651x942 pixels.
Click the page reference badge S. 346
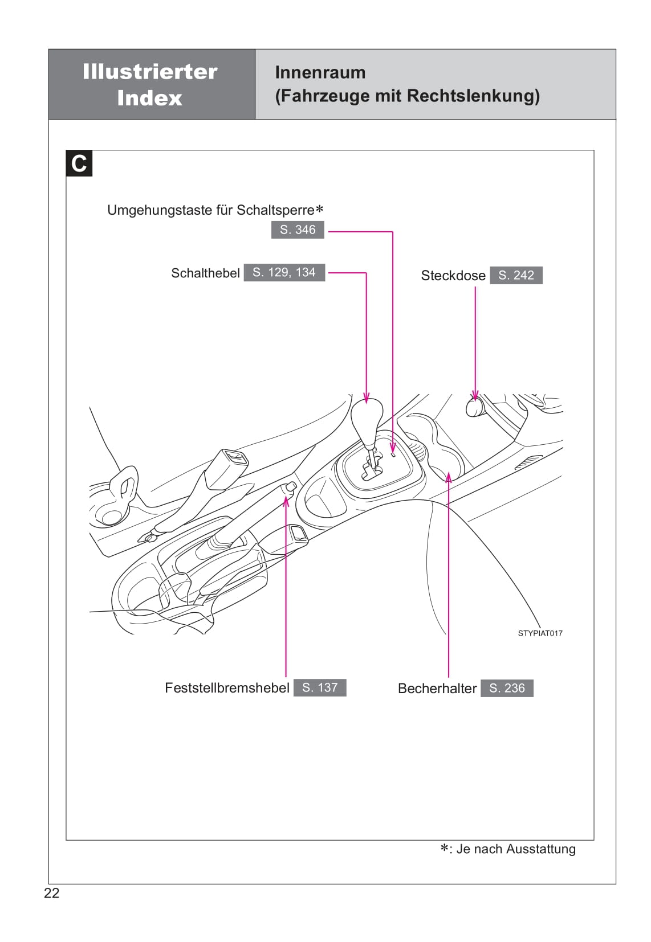click(x=298, y=230)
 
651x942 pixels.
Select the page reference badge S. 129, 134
click(x=284, y=272)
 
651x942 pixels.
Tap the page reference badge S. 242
click(x=516, y=275)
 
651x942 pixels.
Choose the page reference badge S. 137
click(x=320, y=687)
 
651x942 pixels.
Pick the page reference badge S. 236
click(x=507, y=688)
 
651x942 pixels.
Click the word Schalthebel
click(x=205, y=273)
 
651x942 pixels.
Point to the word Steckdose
click(x=453, y=276)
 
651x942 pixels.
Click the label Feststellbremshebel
click(x=227, y=688)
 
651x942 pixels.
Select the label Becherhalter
click(x=437, y=689)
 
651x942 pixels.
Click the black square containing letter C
click(x=79, y=163)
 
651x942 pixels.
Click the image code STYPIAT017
click(x=540, y=633)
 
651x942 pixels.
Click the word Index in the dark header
click(x=150, y=99)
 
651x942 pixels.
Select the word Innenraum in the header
click(x=320, y=72)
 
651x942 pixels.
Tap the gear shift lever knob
click(x=367, y=419)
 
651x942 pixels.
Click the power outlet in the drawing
click(x=475, y=407)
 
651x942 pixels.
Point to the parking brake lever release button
click(x=290, y=486)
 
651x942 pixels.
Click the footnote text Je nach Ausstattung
click(x=516, y=849)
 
